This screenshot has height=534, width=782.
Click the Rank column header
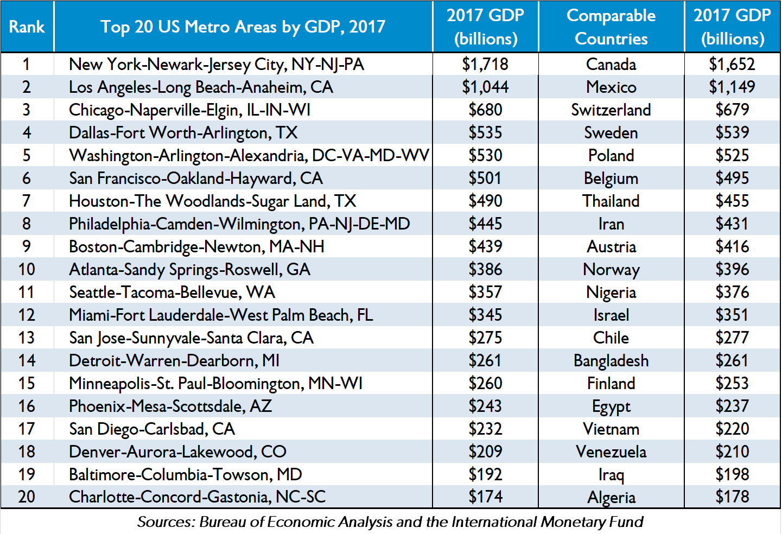coord(27,27)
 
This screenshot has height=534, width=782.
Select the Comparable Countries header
coord(611,27)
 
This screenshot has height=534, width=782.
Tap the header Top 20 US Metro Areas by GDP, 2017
coord(243,27)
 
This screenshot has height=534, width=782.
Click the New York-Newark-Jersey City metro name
coord(217,65)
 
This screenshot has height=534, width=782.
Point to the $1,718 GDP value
coord(485,65)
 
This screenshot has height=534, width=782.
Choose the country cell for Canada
coord(611,65)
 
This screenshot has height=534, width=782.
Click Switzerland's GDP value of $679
coord(732,110)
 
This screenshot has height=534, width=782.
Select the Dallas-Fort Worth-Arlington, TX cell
coord(183,133)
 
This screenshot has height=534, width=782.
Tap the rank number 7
coord(27,201)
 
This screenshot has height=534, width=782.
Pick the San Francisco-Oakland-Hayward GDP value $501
coord(485,179)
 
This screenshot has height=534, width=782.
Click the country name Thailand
coord(611,201)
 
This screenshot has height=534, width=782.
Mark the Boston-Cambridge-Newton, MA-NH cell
coord(196,247)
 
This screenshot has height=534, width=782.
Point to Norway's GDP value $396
coord(732,270)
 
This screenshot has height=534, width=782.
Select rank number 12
coord(27,315)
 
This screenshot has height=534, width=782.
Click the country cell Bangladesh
coord(611,361)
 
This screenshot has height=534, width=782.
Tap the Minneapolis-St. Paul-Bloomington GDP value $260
coord(485,384)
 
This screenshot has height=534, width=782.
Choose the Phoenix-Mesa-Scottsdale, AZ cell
coord(170,406)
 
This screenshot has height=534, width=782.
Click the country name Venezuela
coord(611,452)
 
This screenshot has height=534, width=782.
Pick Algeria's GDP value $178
coord(732,497)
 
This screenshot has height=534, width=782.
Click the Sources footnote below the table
coord(390,522)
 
